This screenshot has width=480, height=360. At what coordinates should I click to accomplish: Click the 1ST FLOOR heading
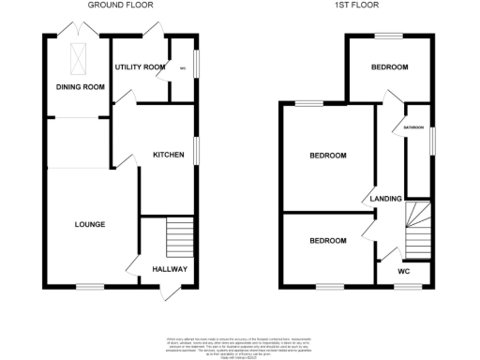pos(357,5)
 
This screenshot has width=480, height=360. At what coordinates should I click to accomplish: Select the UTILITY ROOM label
pos(140,67)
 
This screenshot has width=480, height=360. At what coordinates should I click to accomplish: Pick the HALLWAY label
pos(170,270)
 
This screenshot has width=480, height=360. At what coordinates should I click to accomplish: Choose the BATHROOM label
pos(414,127)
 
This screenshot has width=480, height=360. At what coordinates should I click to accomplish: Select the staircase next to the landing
pos(418,231)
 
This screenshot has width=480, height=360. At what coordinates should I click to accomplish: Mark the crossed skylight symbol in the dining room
pos(76,59)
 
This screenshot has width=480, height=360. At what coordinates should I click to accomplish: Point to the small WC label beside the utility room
pos(183,67)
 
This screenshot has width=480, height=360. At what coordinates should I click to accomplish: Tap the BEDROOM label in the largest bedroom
pos(328,156)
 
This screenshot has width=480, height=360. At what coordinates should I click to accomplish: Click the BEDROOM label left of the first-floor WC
pos(328,241)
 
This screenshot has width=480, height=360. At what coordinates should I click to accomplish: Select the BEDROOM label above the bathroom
pos(389,67)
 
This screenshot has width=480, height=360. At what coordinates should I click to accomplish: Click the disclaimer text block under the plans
pos(239,344)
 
